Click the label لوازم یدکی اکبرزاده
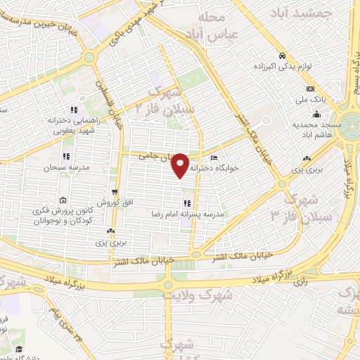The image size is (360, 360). click(281, 66)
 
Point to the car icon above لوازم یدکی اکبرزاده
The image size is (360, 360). click(281, 56)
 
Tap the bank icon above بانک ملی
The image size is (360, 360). click(310, 89)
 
